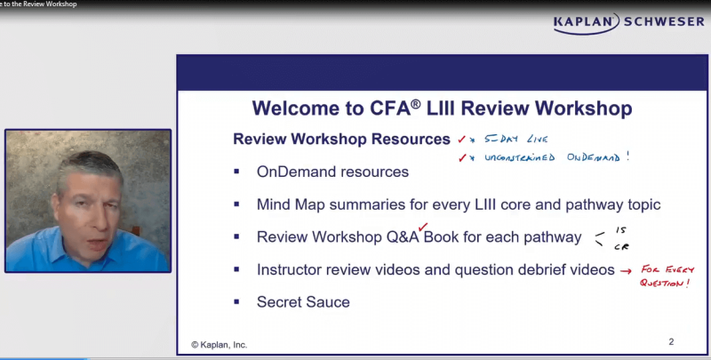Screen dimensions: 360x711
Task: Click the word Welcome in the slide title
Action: click(292, 108)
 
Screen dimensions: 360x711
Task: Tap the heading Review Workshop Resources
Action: click(341, 140)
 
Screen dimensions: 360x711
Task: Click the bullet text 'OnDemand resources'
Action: click(332, 172)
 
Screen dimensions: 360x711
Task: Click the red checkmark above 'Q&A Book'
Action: click(423, 227)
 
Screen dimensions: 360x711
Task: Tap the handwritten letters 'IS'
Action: click(620, 229)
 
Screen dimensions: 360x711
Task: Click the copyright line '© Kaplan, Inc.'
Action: click(220, 344)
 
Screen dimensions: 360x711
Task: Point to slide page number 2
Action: click(671, 341)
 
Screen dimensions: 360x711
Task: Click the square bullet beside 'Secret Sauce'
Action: click(237, 302)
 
